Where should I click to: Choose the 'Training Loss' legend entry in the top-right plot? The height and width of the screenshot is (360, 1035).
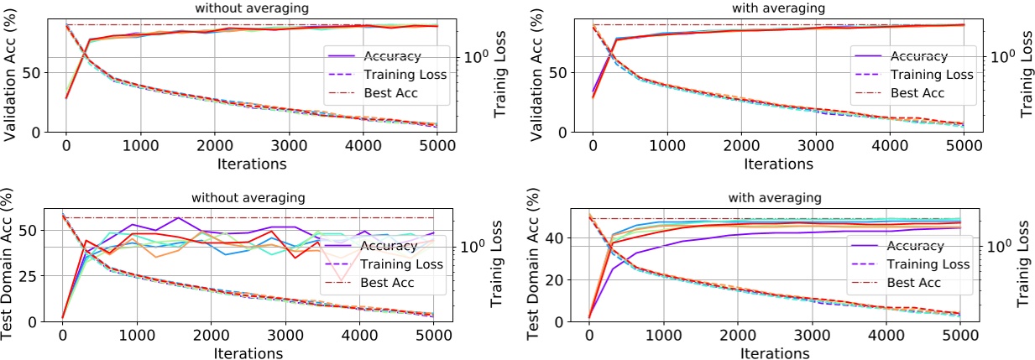click(x=930, y=74)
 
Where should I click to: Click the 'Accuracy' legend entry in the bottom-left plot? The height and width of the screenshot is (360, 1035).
click(x=387, y=246)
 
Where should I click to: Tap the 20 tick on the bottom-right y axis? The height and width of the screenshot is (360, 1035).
click(x=568, y=279)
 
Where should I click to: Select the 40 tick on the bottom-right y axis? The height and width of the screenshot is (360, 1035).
click(x=568, y=238)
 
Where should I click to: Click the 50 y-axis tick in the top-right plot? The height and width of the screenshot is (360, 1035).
click(x=568, y=72)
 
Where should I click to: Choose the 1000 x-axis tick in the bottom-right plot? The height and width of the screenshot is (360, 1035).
click(x=663, y=336)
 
